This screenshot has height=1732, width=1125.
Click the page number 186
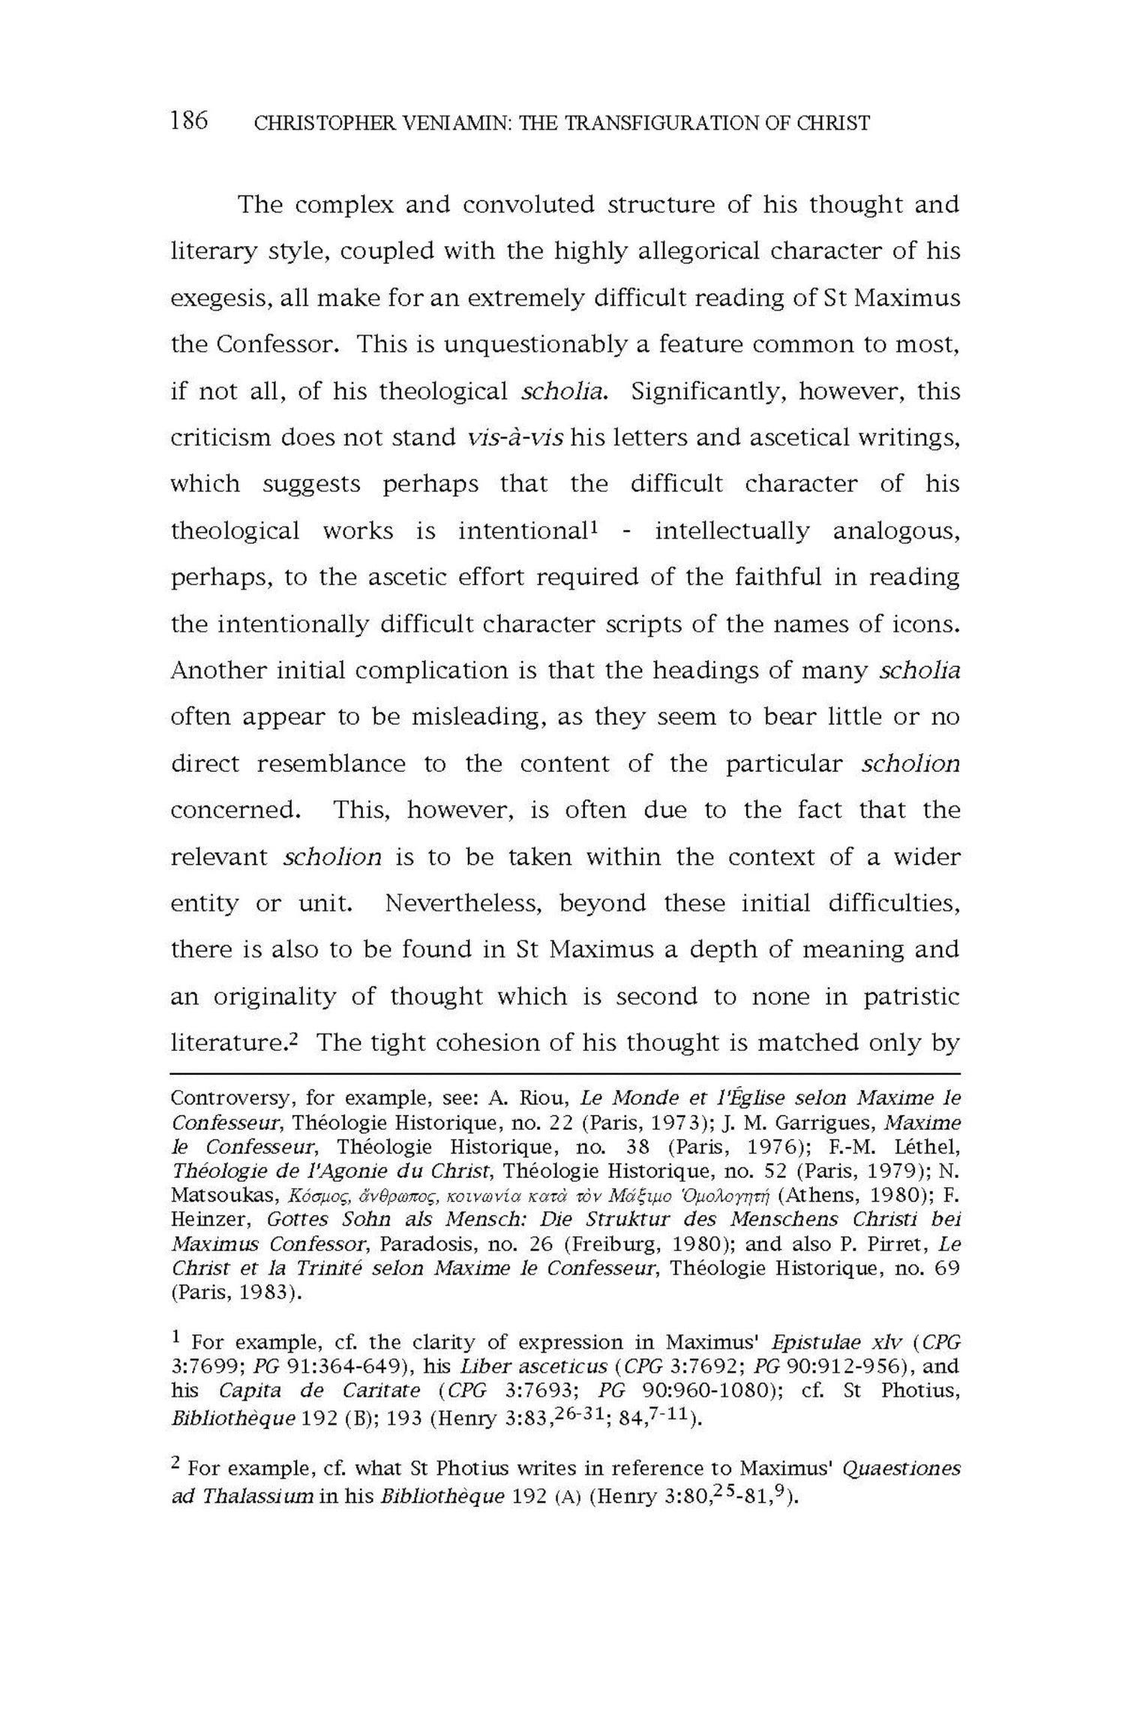[x=189, y=120]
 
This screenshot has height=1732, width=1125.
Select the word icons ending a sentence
[x=929, y=624]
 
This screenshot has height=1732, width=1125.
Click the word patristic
[x=911, y=997]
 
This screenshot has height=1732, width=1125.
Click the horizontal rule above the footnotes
[x=565, y=1073]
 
